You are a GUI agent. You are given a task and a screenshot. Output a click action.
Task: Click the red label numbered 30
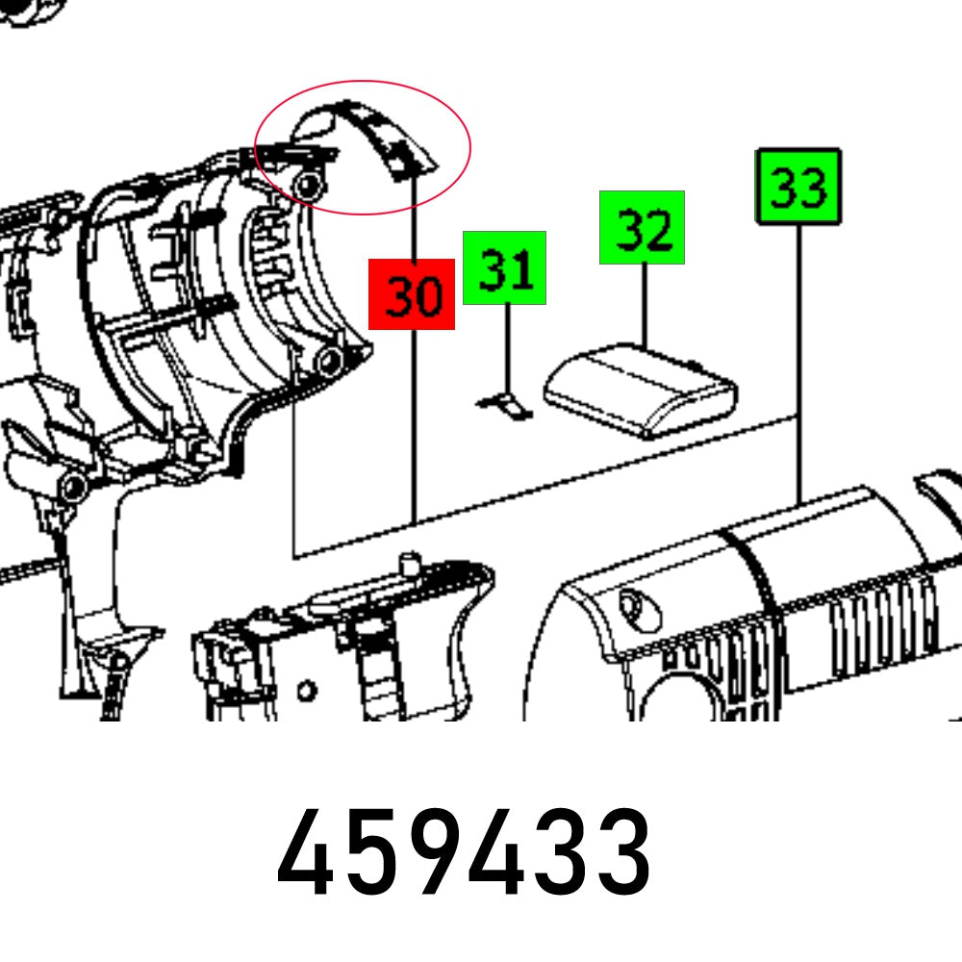412,294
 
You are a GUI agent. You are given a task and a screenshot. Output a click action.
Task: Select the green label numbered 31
504,267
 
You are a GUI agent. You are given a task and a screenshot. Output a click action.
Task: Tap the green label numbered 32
642,227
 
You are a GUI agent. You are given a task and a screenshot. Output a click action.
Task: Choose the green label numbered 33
798,187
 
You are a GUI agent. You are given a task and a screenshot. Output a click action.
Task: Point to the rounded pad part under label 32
640,390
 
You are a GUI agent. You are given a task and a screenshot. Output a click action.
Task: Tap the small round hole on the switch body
307,691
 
